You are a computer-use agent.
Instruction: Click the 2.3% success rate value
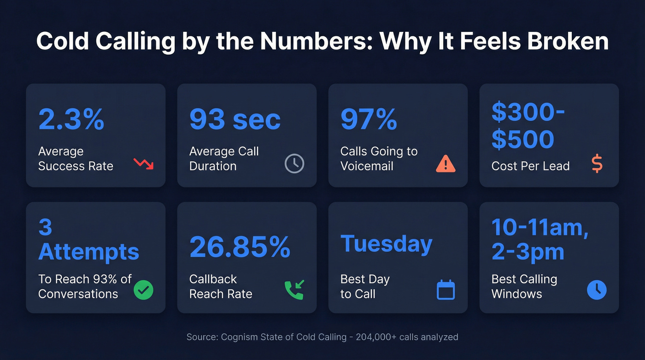pos(71,119)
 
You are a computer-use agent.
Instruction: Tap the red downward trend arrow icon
pos(143,164)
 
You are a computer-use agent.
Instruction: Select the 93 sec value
pos(235,119)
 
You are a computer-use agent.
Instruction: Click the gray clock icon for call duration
pos(294,164)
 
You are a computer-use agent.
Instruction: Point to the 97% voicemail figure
pos(369,119)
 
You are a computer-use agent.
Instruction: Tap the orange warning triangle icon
pos(446,164)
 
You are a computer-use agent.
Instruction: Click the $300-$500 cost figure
pos(528,126)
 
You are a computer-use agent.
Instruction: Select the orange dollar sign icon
pos(597,164)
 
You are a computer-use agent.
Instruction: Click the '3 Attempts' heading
pos(88,240)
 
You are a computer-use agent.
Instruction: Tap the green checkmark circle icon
pos(143,290)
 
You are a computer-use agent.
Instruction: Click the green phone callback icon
pos(294,290)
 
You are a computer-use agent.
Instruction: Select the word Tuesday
pos(386,244)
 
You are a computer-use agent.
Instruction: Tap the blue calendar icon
pos(446,290)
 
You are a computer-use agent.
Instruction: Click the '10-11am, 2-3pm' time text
pos(539,240)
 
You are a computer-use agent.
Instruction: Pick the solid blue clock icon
pos(597,290)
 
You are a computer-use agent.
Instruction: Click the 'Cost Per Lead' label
pos(530,166)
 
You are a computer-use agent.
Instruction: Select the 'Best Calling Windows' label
pos(524,286)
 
